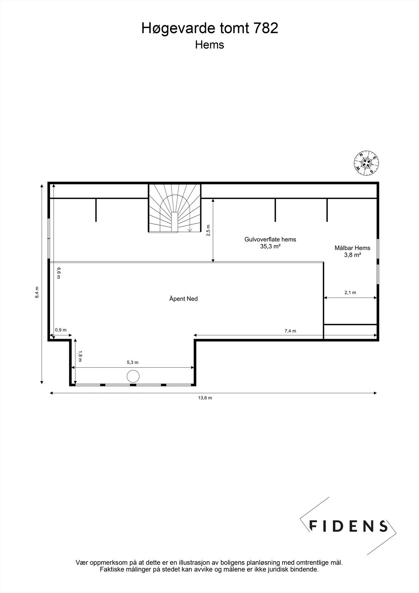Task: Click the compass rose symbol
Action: (x=366, y=162)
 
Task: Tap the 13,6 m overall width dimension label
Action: (x=205, y=398)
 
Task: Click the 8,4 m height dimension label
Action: (x=37, y=292)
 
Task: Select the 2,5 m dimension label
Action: (x=208, y=231)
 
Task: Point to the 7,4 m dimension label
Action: (x=290, y=331)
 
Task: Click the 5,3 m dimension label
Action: (x=132, y=362)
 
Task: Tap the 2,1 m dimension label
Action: (x=350, y=292)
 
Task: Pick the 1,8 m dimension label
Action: (x=80, y=357)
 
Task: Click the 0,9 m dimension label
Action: (x=61, y=330)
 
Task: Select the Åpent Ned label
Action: (x=183, y=299)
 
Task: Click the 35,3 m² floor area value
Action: (x=270, y=246)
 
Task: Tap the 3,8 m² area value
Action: (x=352, y=255)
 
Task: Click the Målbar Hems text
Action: (x=352, y=248)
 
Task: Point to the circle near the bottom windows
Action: (x=133, y=376)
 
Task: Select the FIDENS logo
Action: (x=348, y=526)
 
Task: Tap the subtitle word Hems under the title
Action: (x=209, y=45)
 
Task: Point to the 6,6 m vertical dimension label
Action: (x=58, y=273)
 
